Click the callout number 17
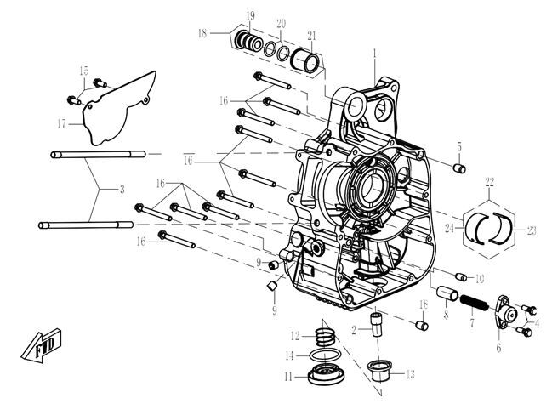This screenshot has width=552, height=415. click(62, 123)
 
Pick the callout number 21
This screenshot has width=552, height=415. click(312, 35)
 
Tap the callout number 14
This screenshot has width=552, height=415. click(289, 355)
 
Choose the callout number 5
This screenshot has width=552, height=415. click(459, 146)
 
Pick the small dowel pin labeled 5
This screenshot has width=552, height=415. click(460, 167)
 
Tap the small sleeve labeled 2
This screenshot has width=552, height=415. click(375, 324)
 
